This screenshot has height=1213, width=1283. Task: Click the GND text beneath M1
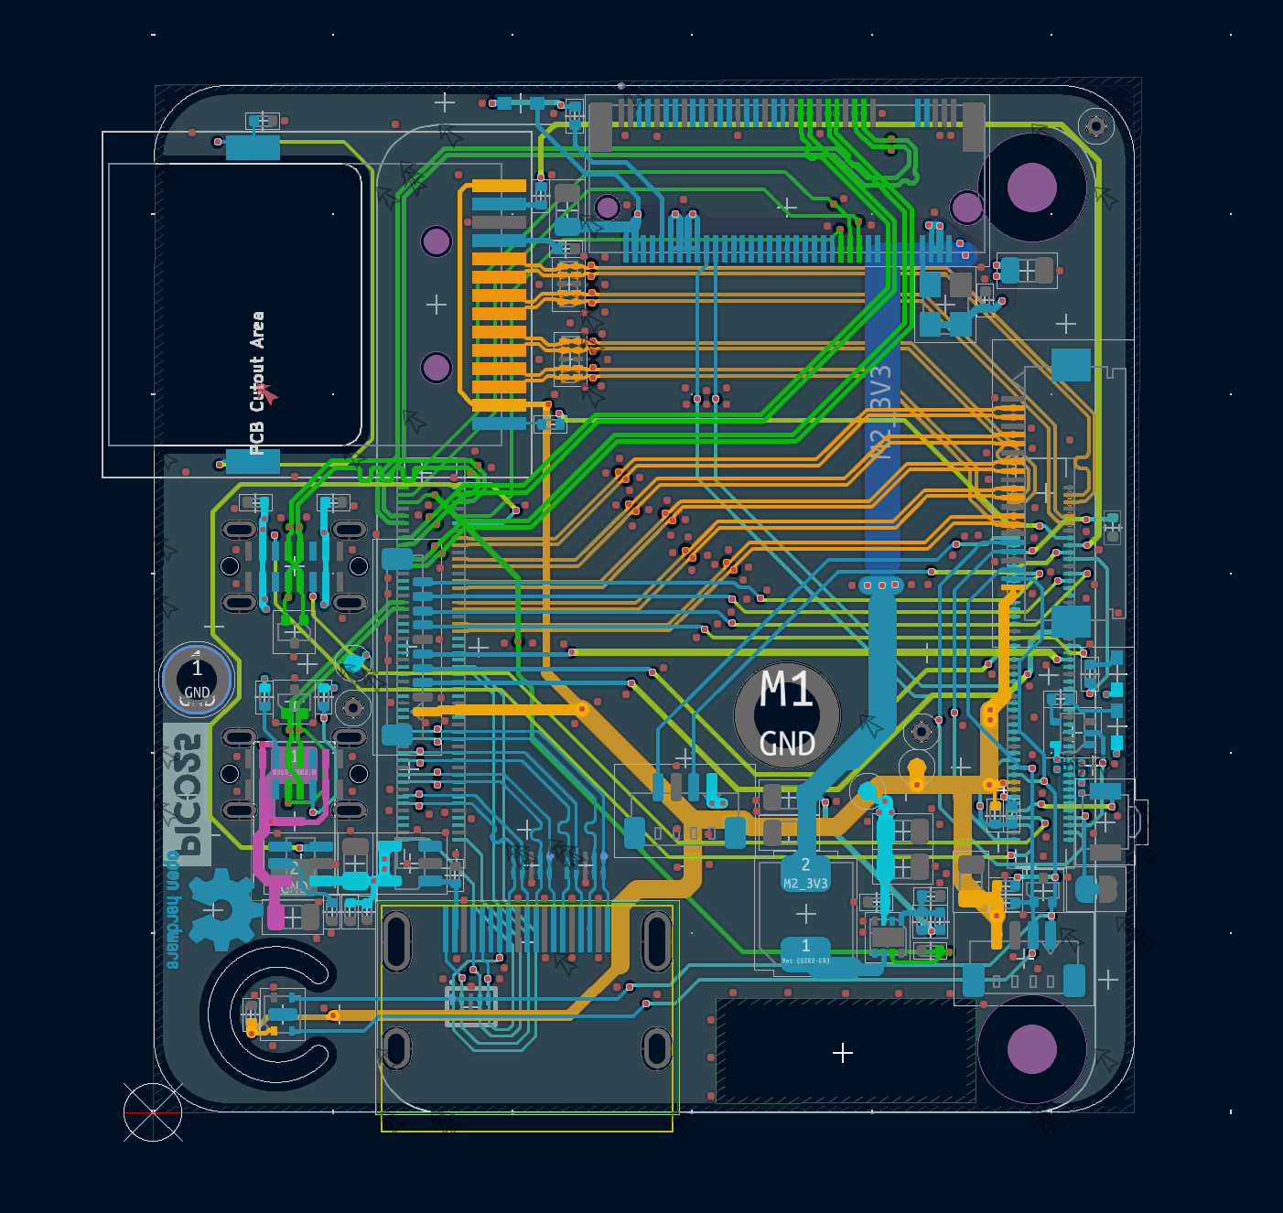(x=787, y=743)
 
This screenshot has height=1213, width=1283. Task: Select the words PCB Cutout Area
(x=257, y=382)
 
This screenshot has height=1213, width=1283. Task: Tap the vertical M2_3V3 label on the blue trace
(x=879, y=412)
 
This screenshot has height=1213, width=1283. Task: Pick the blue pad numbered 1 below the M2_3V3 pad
(x=805, y=950)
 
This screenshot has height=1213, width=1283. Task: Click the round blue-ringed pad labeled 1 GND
(x=197, y=680)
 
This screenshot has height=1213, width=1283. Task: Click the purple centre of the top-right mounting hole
(x=1031, y=187)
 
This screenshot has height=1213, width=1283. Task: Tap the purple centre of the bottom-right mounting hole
(x=1031, y=1048)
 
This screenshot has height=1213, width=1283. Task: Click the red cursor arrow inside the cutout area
(x=267, y=394)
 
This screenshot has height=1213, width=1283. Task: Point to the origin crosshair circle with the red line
(x=153, y=1112)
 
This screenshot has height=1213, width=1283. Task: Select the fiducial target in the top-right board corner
(x=1095, y=125)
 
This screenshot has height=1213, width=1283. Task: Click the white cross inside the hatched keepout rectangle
(x=843, y=1053)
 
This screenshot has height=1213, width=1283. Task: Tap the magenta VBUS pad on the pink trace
(x=274, y=915)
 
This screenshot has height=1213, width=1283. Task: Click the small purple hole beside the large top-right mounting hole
(x=966, y=207)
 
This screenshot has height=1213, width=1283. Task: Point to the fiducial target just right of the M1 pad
(x=922, y=731)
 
